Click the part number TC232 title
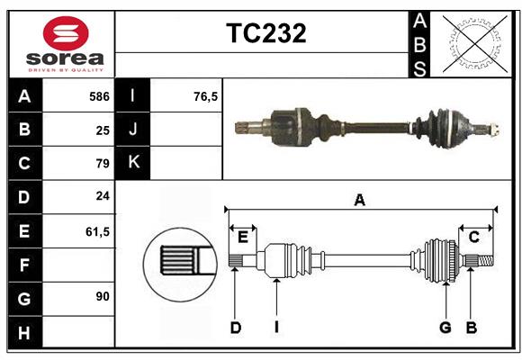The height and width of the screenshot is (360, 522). pyautogui.click(x=265, y=33)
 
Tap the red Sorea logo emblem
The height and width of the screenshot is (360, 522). pyautogui.click(x=66, y=35)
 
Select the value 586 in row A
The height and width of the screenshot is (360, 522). pyautogui.click(x=98, y=96)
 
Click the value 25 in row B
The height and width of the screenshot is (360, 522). pyautogui.click(x=103, y=130)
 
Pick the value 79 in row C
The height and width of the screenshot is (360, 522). pyautogui.click(x=102, y=164)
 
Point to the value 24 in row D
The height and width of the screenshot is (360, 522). pyautogui.click(x=102, y=197)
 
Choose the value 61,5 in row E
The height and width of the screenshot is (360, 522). pyautogui.click(x=97, y=231)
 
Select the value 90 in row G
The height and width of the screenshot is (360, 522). pyautogui.click(x=102, y=295)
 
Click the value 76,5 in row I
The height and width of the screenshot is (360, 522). pyautogui.click(x=206, y=96)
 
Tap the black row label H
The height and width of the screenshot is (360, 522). pyautogui.click(x=24, y=333)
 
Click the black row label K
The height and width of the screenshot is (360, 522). pyautogui.click(x=133, y=163)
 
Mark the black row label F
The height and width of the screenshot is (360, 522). pyautogui.click(x=24, y=265)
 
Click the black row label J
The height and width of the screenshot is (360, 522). pyautogui.click(x=133, y=130)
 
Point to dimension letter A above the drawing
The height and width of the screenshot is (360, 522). pyautogui.click(x=360, y=201)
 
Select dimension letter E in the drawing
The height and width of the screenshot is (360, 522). pyautogui.click(x=243, y=237)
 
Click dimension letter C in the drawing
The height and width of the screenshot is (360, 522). pyautogui.click(x=473, y=237)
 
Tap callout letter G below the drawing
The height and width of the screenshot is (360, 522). pyautogui.click(x=445, y=328)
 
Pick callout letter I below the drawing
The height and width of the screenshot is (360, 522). pyautogui.click(x=276, y=328)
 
